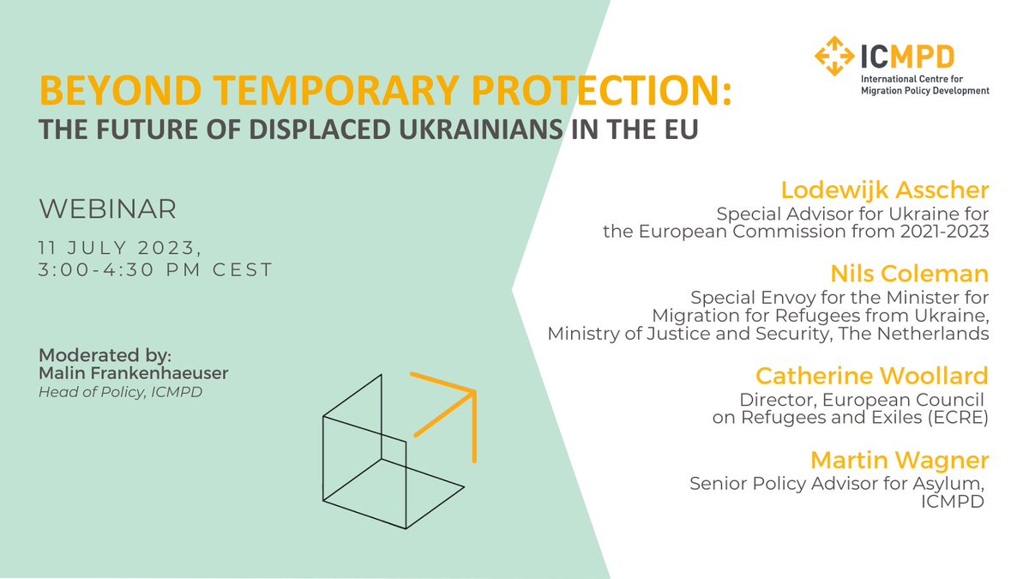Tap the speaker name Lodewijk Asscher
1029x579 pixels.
pyautogui.click(x=885, y=190)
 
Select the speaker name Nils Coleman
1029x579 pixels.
pyautogui.click(x=909, y=274)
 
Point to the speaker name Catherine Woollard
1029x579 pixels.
pyautogui.click(x=871, y=377)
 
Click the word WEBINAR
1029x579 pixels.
pyautogui.click(x=107, y=208)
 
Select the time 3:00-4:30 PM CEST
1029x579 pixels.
pyautogui.click(x=155, y=269)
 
